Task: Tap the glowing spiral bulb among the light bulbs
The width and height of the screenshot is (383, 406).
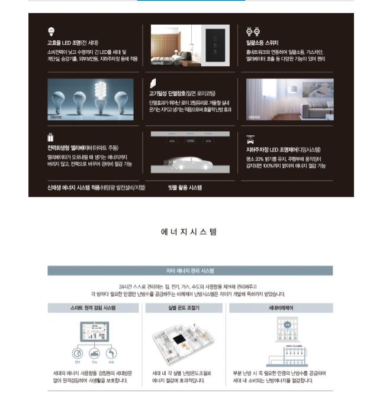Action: coord(99,98)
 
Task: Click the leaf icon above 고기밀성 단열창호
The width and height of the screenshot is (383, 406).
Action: coord(153,83)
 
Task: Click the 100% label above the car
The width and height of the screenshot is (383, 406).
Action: coord(191,141)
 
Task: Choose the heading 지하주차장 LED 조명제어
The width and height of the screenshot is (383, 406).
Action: coord(284,150)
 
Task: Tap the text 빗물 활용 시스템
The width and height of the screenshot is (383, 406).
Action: coord(185,187)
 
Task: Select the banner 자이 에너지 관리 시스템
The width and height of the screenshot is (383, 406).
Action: coord(191,271)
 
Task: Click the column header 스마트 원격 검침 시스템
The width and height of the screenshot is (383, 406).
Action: coord(94,308)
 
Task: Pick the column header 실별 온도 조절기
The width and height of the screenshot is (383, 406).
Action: coord(184,308)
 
